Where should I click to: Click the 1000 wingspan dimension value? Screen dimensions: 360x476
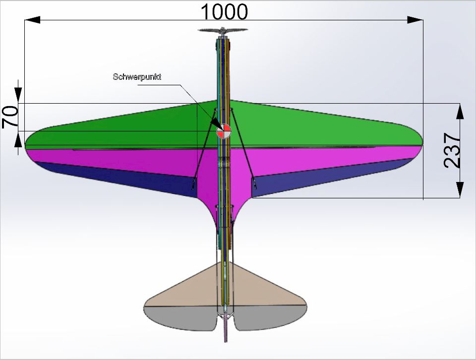(x=224, y=11)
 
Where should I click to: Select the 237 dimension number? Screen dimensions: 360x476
(x=452, y=150)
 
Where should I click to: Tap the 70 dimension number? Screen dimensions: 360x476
(x=10, y=118)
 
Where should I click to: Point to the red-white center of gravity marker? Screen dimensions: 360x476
(x=224, y=131)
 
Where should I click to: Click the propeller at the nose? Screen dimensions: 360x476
(x=223, y=30)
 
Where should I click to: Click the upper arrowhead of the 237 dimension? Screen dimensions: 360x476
(x=460, y=112)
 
